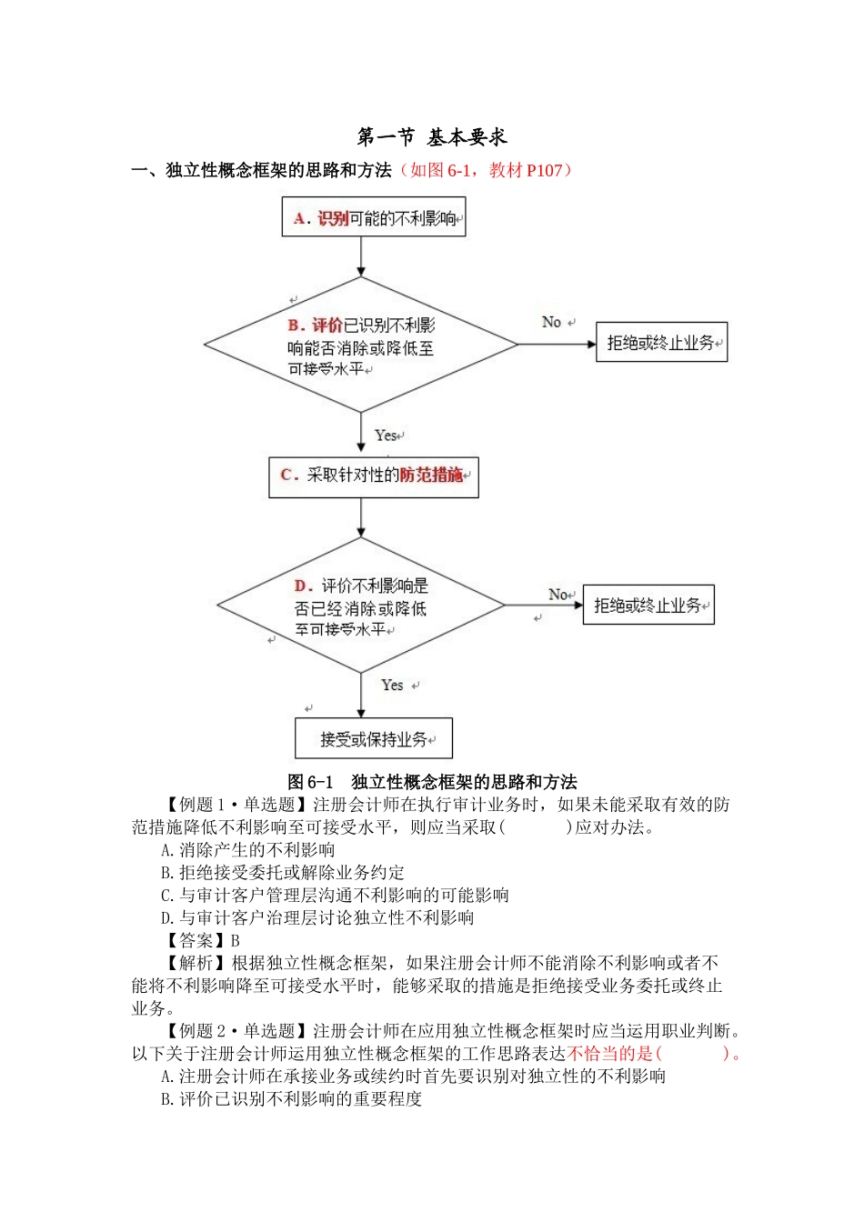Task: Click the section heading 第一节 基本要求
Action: (x=432, y=137)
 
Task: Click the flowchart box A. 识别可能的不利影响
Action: (x=374, y=218)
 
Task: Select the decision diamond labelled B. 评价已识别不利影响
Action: (x=361, y=346)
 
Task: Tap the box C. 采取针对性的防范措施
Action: (x=373, y=476)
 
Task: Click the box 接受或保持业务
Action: (x=373, y=738)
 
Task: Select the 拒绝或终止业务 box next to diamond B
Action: (x=661, y=343)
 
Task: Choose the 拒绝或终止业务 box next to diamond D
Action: (x=648, y=606)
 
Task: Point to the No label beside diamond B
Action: (x=551, y=322)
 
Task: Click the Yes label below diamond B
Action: (x=386, y=436)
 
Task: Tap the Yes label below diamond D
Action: (x=392, y=685)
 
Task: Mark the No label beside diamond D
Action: (x=558, y=594)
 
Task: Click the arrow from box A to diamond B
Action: (x=361, y=256)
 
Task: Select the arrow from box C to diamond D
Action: (x=361, y=517)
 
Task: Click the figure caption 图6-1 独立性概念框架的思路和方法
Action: (x=432, y=782)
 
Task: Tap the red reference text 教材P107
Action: (x=526, y=170)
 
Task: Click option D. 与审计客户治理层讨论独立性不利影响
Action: (x=317, y=917)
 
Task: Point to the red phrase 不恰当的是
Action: (x=609, y=1054)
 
